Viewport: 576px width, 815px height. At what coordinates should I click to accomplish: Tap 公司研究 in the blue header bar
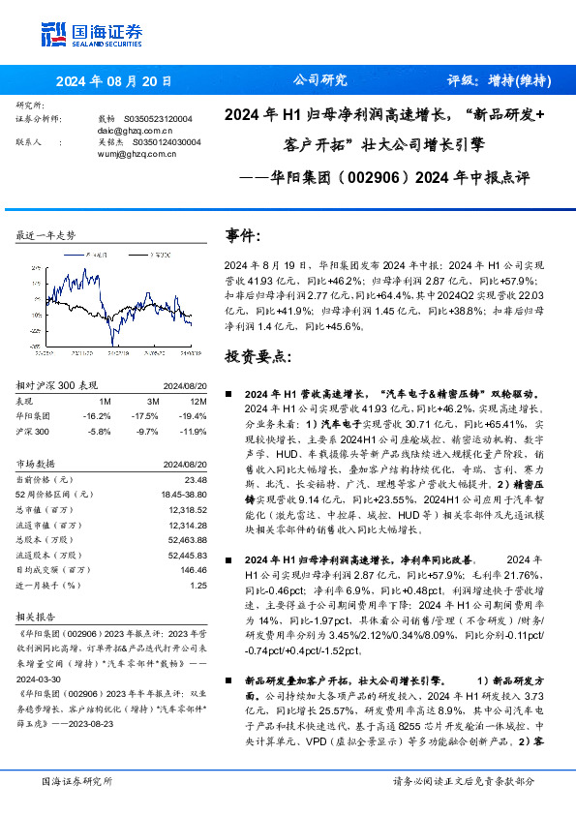click(x=319, y=81)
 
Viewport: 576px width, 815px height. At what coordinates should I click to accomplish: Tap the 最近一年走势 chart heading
click(x=46, y=235)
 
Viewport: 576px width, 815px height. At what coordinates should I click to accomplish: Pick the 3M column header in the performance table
click(x=153, y=401)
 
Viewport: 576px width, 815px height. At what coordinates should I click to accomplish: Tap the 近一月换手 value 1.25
click(x=198, y=585)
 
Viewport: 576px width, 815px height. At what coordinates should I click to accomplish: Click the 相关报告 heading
click(x=37, y=616)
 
